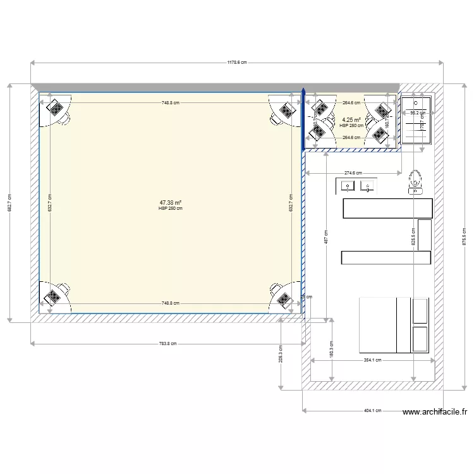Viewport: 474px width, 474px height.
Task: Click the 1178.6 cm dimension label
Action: pyautogui.click(x=237, y=63)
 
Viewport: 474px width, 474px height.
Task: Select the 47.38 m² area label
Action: pyautogui.click(x=171, y=203)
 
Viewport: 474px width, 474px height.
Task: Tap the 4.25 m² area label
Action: pyautogui.click(x=351, y=120)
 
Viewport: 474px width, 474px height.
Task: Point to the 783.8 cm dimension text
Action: pyautogui.click(x=167, y=344)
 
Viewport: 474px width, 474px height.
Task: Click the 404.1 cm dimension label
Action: pyautogui.click(x=372, y=410)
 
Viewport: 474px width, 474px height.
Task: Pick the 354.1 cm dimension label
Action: pyautogui.click(x=372, y=360)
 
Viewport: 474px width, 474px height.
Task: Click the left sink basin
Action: pyautogui.click(x=348, y=186)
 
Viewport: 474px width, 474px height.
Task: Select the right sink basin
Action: pyautogui.click(x=367, y=186)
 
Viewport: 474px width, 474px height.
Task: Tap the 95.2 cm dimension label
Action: pyautogui.click(x=418, y=113)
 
